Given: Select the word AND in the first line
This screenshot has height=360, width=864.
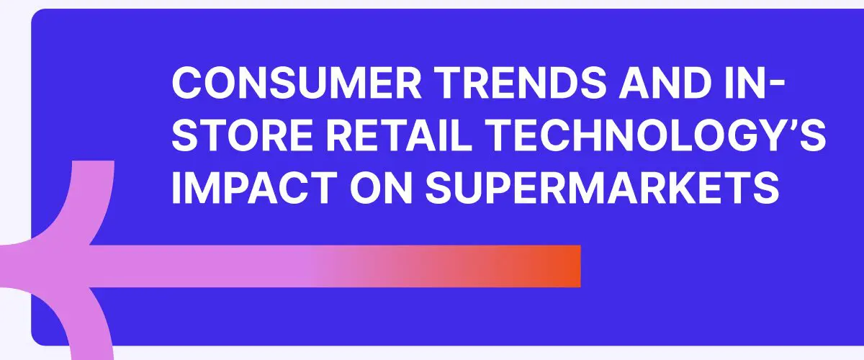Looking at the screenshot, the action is point(666,83).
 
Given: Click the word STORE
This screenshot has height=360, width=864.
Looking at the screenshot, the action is point(242,135).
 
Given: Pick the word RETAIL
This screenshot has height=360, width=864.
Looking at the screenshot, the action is point(399,135).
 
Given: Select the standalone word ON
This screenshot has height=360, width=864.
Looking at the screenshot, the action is point(381,187).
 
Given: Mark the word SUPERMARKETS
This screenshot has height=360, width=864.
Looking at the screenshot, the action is point(602,187).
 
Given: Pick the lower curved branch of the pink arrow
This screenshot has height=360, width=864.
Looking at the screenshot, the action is point(77,320).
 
